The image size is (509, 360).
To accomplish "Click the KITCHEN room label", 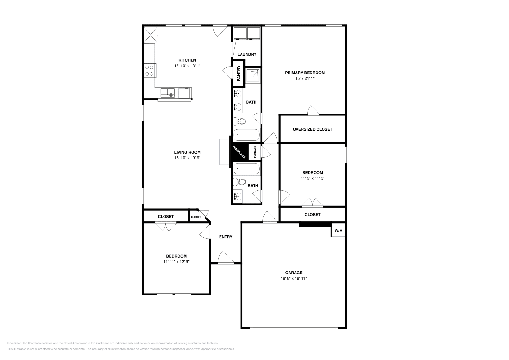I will pyautogui.click(x=187, y=60).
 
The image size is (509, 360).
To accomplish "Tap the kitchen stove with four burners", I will pyautogui.click(x=150, y=70).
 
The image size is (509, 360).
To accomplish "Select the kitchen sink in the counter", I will pyautogui.click(x=168, y=93).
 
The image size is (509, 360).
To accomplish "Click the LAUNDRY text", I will pyautogui.click(x=247, y=54).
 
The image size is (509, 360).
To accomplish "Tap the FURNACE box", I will pyautogui.click(x=254, y=152).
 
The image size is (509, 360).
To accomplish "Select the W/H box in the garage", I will pyautogui.click(x=338, y=230).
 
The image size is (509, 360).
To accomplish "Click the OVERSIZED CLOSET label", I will pyautogui.click(x=312, y=129).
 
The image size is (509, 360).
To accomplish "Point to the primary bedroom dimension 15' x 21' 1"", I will pyautogui.click(x=305, y=78).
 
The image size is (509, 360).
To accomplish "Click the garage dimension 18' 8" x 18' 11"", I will pyautogui.click(x=293, y=278).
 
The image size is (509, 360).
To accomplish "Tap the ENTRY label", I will pyautogui.click(x=226, y=237).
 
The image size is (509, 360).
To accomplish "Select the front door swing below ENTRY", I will pyautogui.click(x=225, y=258).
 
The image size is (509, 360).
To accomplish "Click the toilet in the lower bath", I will pyautogui.click(x=240, y=182).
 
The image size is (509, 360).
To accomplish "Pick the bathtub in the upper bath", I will pyautogui.click(x=247, y=135).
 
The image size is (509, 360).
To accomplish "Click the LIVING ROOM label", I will pyautogui.click(x=187, y=152).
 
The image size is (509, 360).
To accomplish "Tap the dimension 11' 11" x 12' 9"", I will pyautogui.click(x=176, y=262).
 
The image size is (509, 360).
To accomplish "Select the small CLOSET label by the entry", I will pyautogui.click(x=196, y=217).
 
